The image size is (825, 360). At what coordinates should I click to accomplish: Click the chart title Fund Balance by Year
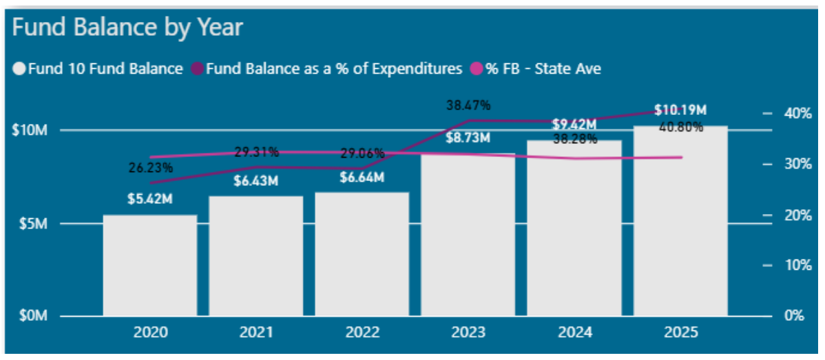point(127,28)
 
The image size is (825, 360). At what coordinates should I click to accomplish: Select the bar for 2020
point(150,266)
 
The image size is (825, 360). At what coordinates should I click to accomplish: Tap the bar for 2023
point(468,235)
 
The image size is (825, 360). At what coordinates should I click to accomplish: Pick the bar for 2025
point(680,221)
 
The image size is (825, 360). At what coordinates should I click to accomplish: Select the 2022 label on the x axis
point(362,333)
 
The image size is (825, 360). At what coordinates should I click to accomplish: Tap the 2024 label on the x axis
point(574,333)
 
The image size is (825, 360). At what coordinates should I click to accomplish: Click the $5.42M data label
point(150,200)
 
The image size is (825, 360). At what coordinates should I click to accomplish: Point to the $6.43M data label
point(256,181)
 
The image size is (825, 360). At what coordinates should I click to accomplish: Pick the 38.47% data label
point(468,105)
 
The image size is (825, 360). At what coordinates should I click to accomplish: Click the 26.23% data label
point(150,167)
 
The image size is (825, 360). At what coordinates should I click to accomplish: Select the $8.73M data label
point(468,138)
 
